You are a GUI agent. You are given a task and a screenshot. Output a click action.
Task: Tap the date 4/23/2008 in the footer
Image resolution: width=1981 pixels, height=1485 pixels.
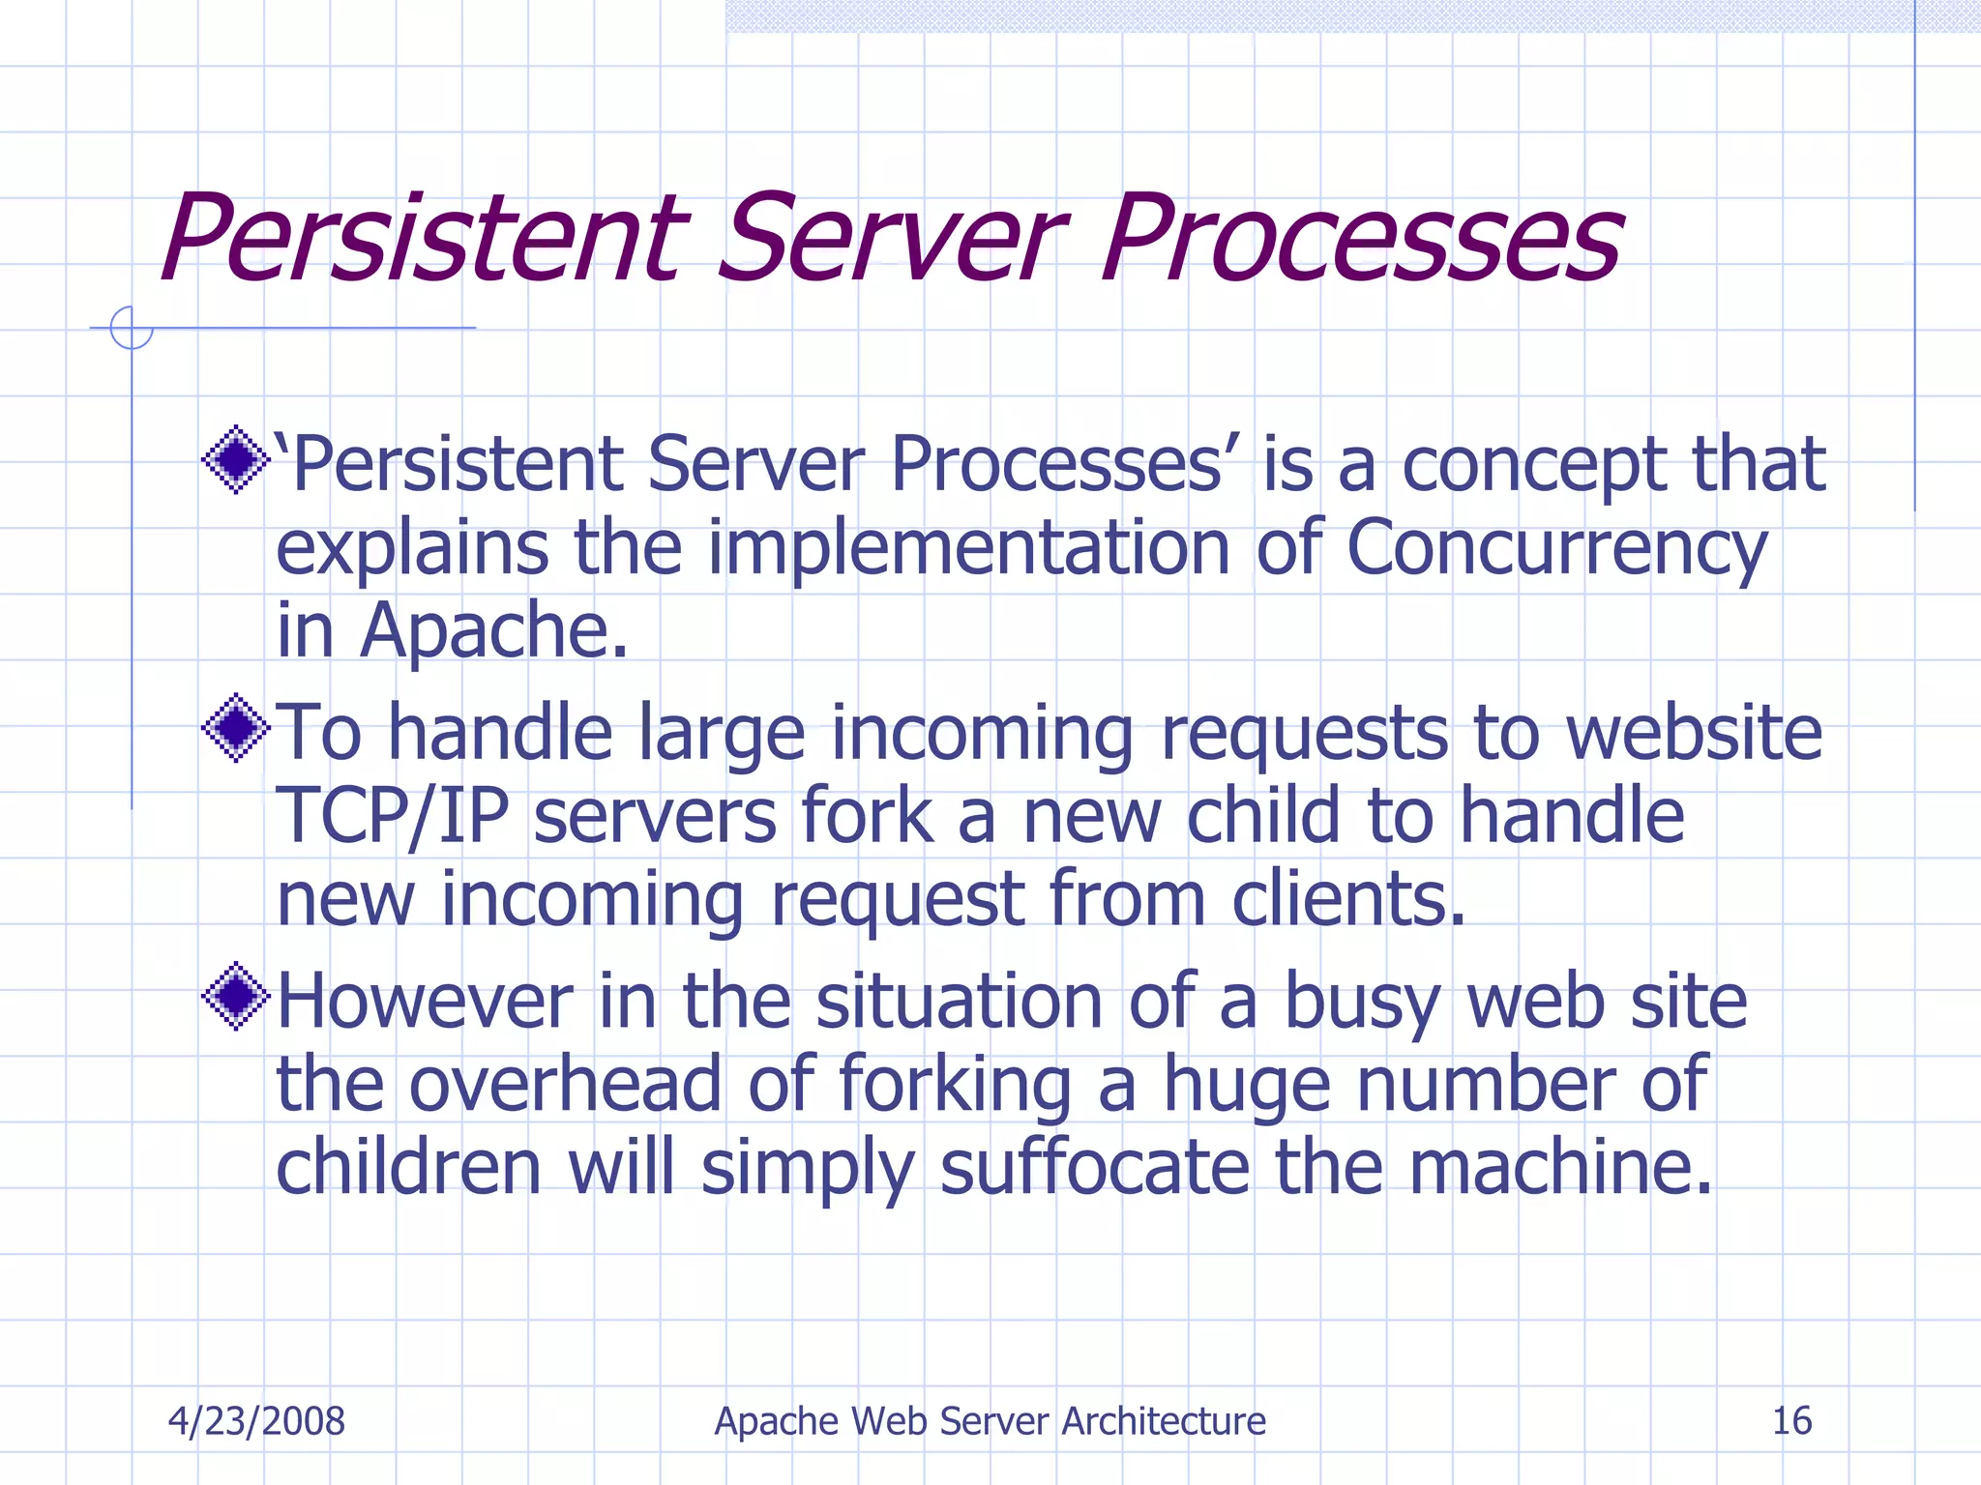(x=256, y=1421)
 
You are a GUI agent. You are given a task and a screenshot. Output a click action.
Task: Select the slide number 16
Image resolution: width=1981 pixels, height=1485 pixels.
(x=1791, y=1421)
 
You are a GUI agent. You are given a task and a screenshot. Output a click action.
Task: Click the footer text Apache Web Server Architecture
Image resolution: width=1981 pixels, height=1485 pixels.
(x=990, y=1421)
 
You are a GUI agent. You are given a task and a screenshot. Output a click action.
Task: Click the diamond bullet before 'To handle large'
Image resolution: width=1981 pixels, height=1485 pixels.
(x=235, y=728)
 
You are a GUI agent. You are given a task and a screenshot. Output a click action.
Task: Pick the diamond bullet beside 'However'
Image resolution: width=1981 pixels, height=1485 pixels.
(x=235, y=996)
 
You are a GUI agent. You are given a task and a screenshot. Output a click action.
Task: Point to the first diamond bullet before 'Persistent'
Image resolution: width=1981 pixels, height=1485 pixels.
(x=235, y=460)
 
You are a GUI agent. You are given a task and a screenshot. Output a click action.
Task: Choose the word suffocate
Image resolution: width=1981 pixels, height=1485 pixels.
(x=1095, y=1168)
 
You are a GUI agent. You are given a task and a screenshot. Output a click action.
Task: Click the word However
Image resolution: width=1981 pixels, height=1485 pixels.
(x=425, y=1002)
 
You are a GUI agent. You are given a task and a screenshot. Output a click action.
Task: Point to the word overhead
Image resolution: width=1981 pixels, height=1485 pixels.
(x=565, y=1085)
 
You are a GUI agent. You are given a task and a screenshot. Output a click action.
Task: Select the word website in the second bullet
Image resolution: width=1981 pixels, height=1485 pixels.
(x=1694, y=734)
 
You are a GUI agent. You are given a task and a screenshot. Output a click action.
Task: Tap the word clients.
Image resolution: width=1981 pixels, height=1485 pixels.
(x=1348, y=900)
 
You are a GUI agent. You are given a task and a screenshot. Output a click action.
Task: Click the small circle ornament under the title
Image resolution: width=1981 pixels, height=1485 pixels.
(x=132, y=328)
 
